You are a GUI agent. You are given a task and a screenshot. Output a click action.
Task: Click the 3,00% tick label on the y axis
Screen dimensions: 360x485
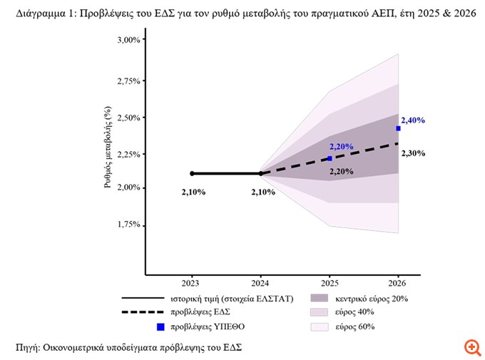(128, 40)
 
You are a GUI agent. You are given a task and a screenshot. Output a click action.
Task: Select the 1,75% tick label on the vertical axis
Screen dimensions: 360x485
(128, 225)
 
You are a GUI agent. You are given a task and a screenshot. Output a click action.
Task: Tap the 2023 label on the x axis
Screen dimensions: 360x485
(191, 282)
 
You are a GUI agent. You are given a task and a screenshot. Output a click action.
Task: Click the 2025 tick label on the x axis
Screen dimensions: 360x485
(330, 282)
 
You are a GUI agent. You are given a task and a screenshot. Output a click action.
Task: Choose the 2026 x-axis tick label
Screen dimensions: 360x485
(398, 282)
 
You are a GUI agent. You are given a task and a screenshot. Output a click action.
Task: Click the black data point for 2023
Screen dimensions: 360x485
(192, 173)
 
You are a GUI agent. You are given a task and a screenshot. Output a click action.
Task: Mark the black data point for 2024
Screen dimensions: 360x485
(260, 173)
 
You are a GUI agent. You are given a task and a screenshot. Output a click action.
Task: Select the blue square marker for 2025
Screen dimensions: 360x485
(330, 158)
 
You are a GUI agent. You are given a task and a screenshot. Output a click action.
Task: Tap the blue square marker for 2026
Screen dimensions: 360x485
(398, 128)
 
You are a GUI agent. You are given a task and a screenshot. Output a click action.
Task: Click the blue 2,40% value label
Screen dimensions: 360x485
(413, 120)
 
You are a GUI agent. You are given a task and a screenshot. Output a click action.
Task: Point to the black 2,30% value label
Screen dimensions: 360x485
(413, 153)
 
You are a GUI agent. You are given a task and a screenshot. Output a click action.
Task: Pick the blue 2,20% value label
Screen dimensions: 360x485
(342, 146)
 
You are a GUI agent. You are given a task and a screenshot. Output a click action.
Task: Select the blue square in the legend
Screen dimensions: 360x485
(160, 327)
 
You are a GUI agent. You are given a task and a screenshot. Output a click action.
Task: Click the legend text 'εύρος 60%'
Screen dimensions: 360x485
(354, 327)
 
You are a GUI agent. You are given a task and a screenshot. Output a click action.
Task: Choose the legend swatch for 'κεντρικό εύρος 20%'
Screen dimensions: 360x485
(320, 297)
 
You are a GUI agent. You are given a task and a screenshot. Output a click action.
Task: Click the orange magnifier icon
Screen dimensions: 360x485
(472, 347)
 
